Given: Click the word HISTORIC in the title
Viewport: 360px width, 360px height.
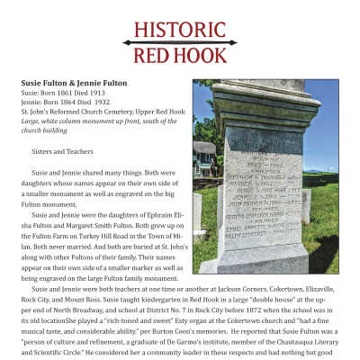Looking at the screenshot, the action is (x=180, y=28).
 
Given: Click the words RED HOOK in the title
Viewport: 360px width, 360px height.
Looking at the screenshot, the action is (x=180, y=55).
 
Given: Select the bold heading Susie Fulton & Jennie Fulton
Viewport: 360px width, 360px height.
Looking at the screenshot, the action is (x=74, y=82).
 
